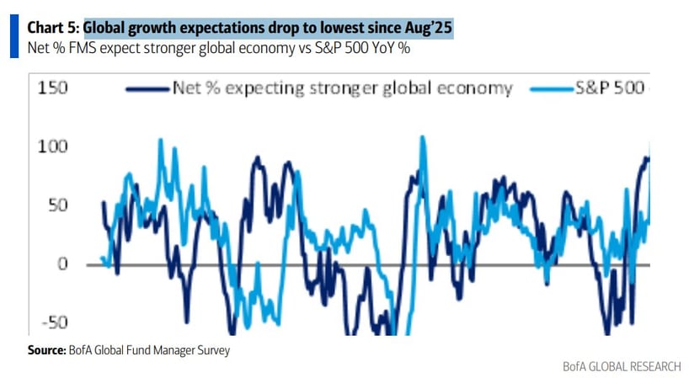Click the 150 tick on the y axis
click(x=52, y=88)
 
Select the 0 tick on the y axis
click(x=62, y=265)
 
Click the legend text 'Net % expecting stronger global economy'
click(x=341, y=88)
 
